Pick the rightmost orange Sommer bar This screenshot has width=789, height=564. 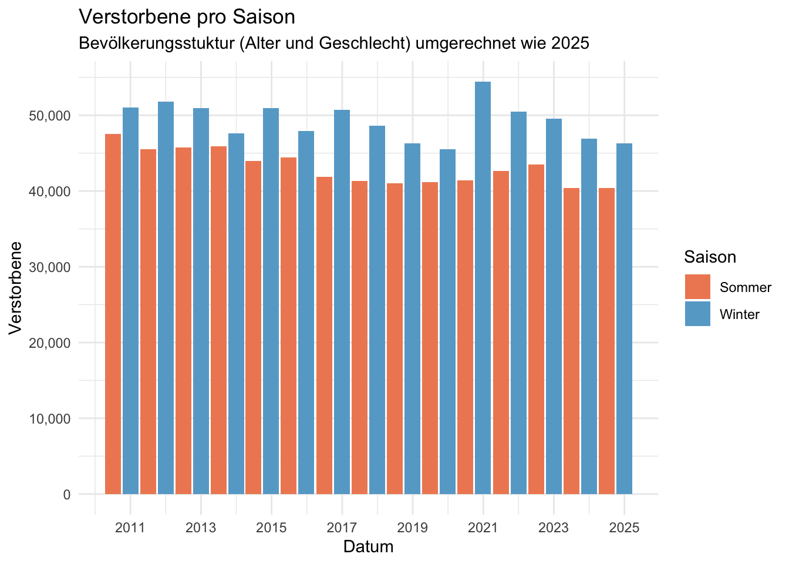[x=606, y=341]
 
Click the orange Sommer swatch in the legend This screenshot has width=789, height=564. [x=697, y=287]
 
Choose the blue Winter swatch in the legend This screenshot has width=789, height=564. [x=697, y=314]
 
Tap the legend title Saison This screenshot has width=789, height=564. [x=710, y=257]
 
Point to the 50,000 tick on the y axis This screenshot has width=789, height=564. [x=49, y=116]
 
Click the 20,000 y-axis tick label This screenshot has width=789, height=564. [x=49, y=343]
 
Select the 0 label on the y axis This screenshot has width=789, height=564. [x=66, y=495]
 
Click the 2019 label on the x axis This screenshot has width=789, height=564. [x=412, y=528]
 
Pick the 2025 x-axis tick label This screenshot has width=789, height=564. [x=624, y=528]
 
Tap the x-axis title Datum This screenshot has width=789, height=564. [x=368, y=547]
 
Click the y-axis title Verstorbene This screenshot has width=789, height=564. [x=16, y=287]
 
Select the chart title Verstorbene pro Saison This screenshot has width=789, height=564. [x=187, y=17]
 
